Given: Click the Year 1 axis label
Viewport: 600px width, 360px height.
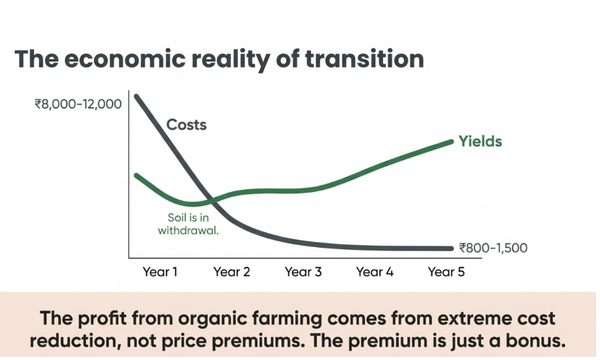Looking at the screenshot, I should pyautogui.click(x=160, y=271).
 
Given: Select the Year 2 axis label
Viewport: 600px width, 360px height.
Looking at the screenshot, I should pyautogui.click(x=232, y=271).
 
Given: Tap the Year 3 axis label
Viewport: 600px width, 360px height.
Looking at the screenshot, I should pyautogui.click(x=303, y=271).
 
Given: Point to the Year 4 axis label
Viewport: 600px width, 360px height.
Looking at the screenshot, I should pyautogui.click(x=375, y=271).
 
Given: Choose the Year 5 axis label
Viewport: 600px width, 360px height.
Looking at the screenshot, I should pyautogui.click(x=446, y=271).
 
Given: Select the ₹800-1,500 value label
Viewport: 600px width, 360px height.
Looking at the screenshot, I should pyautogui.click(x=493, y=248).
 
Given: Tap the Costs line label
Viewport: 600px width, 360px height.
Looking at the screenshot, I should pyautogui.click(x=187, y=125).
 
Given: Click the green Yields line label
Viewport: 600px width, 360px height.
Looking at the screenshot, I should pyautogui.click(x=480, y=141).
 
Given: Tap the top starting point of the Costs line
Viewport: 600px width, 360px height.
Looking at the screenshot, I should pyautogui.click(x=136, y=97).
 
